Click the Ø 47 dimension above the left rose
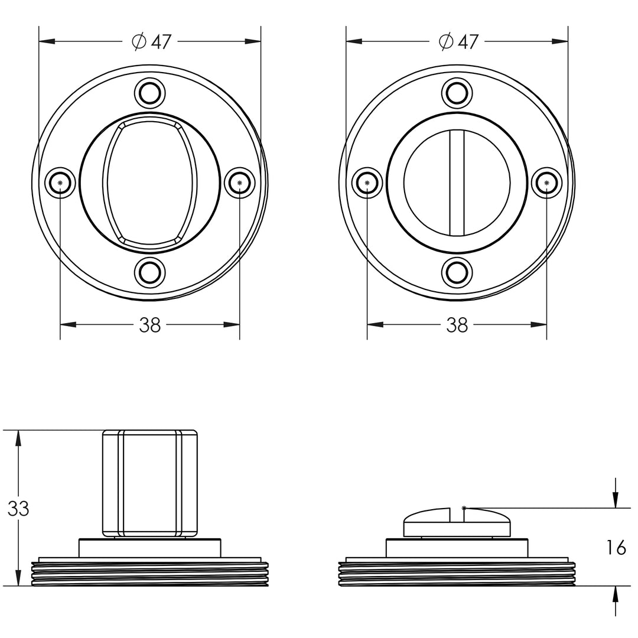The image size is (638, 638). [x=152, y=41]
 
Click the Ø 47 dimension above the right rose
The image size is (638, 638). [x=459, y=41]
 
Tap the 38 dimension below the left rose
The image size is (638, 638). [x=149, y=325]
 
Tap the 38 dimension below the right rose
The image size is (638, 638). [x=457, y=325]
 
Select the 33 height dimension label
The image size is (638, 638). [x=18, y=509]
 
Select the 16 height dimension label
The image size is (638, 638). [x=616, y=548]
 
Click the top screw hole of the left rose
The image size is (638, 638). [x=149, y=93]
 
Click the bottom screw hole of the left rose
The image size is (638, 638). [x=149, y=272]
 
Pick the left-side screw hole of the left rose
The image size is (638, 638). [x=60, y=183]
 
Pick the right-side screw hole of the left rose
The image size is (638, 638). [x=240, y=183]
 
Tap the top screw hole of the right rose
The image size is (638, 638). [x=457, y=93]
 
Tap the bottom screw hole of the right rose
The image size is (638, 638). [x=457, y=272]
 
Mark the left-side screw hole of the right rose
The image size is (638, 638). [x=367, y=183]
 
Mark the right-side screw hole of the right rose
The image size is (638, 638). [x=546, y=183]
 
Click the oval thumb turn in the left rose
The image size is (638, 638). [x=149, y=183]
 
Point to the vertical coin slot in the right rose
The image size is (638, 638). [x=457, y=183]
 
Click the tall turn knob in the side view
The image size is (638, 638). [x=149, y=483]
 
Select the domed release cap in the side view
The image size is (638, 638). [x=457, y=522]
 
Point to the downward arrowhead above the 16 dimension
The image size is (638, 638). [x=616, y=500]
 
